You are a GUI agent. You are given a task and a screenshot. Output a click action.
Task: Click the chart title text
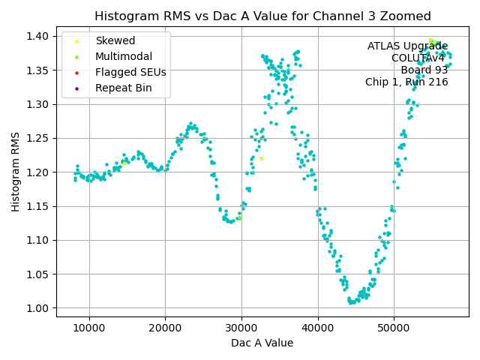coord(262,16)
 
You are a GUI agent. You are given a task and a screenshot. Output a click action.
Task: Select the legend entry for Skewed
coord(115,40)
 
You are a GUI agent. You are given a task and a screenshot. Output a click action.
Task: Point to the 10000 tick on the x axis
coord(89,328)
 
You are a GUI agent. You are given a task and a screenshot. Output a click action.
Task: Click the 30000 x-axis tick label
coord(241,328)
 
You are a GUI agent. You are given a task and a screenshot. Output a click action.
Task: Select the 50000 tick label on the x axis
coord(394,328)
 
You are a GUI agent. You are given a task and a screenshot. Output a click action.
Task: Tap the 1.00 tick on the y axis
coord(38,308)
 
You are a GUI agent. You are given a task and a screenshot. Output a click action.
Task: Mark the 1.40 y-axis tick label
coord(38,36)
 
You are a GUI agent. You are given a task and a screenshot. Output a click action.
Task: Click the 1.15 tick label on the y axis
coord(38,206)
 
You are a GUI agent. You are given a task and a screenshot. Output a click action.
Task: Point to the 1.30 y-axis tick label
coord(38,104)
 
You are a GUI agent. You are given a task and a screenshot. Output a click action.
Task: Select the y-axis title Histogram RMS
coord(16,172)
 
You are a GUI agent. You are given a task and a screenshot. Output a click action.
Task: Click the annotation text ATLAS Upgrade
coord(407,46)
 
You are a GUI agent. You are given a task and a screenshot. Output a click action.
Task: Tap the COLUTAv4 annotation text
coord(419,58)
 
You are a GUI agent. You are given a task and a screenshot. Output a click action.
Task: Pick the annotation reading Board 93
coord(424,70)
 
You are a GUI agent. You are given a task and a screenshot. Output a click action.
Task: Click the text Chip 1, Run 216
coord(406,82)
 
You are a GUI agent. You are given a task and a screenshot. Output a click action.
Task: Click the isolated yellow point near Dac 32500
coord(261,158)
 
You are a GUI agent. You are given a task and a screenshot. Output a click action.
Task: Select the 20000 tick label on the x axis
coord(166,328)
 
